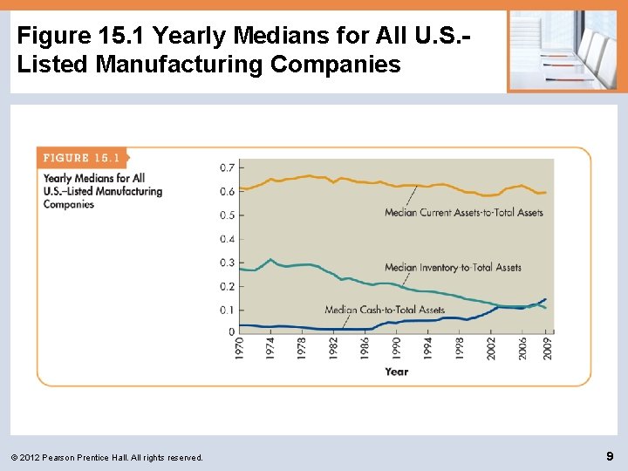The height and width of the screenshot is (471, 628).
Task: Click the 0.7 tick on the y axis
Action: [227, 167]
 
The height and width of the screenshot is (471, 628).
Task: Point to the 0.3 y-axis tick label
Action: [227, 263]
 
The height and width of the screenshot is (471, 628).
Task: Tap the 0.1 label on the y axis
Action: [227, 310]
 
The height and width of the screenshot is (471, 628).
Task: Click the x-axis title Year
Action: [396, 372]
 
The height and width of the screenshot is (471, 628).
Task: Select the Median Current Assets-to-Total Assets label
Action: [463, 212]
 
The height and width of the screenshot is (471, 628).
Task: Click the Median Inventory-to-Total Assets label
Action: [453, 268]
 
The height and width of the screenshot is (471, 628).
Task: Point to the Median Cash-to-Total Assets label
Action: [384, 310]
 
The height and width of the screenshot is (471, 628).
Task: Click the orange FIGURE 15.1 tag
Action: [80, 158]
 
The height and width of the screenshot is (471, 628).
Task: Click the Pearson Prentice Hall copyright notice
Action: [109, 457]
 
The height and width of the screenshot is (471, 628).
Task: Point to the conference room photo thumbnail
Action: [563, 51]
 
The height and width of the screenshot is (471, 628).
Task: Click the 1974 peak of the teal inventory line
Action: [271, 259]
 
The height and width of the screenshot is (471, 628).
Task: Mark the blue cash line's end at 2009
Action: [547, 299]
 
